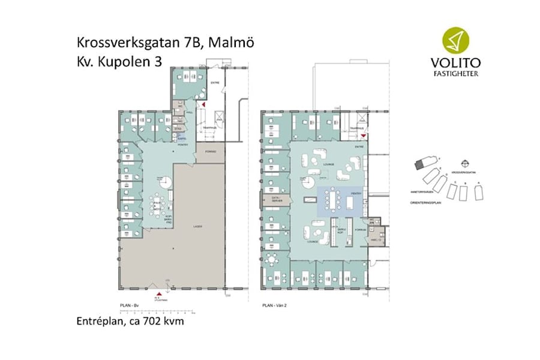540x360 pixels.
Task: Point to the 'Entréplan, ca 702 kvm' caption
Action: click(x=130, y=322)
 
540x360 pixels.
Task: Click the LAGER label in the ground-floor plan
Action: click(x=196, y=227)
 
